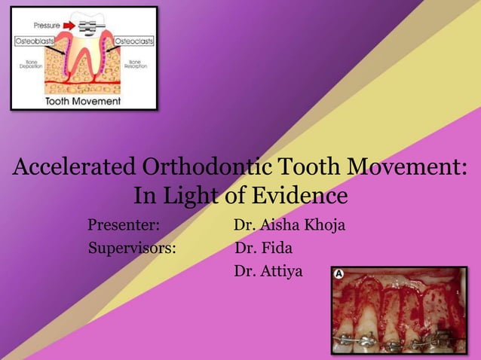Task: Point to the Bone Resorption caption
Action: [x=136, y=64]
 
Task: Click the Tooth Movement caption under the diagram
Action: [x=83, y=100]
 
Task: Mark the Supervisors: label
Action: [x=132, y=247]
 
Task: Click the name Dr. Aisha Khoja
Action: [x=290, y=224]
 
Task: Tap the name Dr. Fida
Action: [x=264, y=247]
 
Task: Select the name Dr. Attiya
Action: [x=268, y=270]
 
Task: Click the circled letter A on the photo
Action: [x=339, y=274]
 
